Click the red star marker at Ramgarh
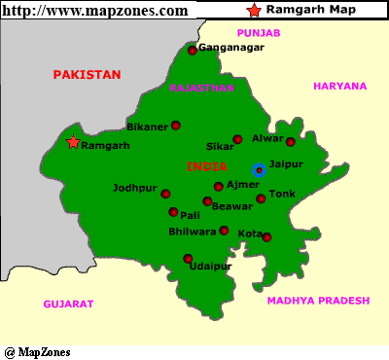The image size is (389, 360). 73,142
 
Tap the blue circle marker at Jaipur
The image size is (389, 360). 259,169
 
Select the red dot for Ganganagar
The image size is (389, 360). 193,51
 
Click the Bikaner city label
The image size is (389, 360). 148,126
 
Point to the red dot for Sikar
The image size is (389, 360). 237,139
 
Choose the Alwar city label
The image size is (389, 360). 266,137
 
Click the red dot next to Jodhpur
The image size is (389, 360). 163,191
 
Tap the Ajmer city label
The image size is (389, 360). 242,184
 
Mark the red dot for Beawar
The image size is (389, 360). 207,201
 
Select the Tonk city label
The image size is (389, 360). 281,194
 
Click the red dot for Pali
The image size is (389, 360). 173,212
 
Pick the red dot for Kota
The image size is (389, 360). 267,237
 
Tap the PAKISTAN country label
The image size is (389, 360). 87,74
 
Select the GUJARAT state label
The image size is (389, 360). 68,304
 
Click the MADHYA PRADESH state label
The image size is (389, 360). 318,301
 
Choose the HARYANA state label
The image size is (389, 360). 339,86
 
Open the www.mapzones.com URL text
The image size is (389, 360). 95,10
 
